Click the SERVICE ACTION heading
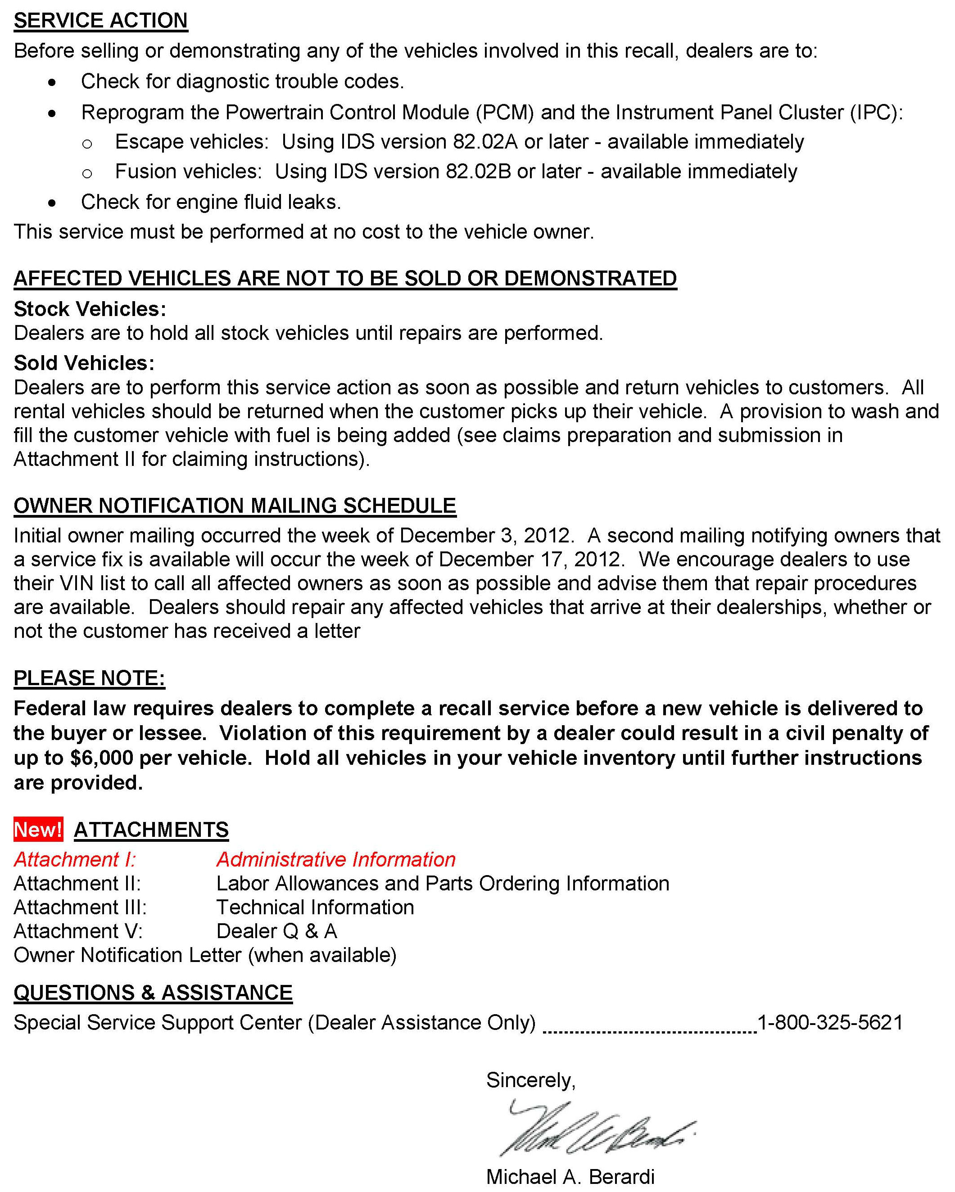pyautogui.click(x=101, y=20)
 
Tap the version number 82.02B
pyautogui.click(x=478, y=172)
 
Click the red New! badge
pyautogui.click(x=38, y=829)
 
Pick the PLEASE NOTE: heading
pyautogui.click(x=89, y=678)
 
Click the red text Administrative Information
pyautogui.click(x=335, y=860)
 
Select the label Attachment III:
pyautogui.click(x=80, y=907)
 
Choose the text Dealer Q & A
pyautogui.click(x=276, y=931)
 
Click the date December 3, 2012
pyautogui.click(x=484, y=536)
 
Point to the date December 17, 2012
pyautogui.click(x=530, y=560)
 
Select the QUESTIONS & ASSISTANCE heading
pyautogui.click(x=153, y=993)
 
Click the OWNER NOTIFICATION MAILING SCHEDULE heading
pyautogui.click(x=235, y=506)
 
